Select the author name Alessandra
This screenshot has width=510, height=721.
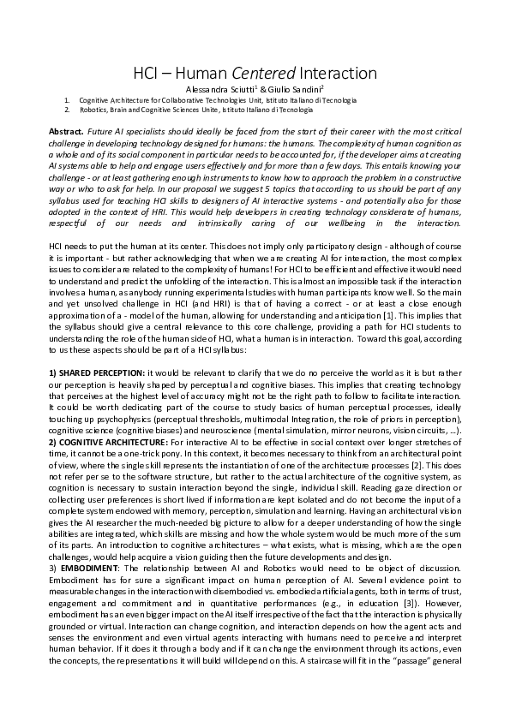[208, 89]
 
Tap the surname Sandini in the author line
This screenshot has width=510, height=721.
[303, 89]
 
